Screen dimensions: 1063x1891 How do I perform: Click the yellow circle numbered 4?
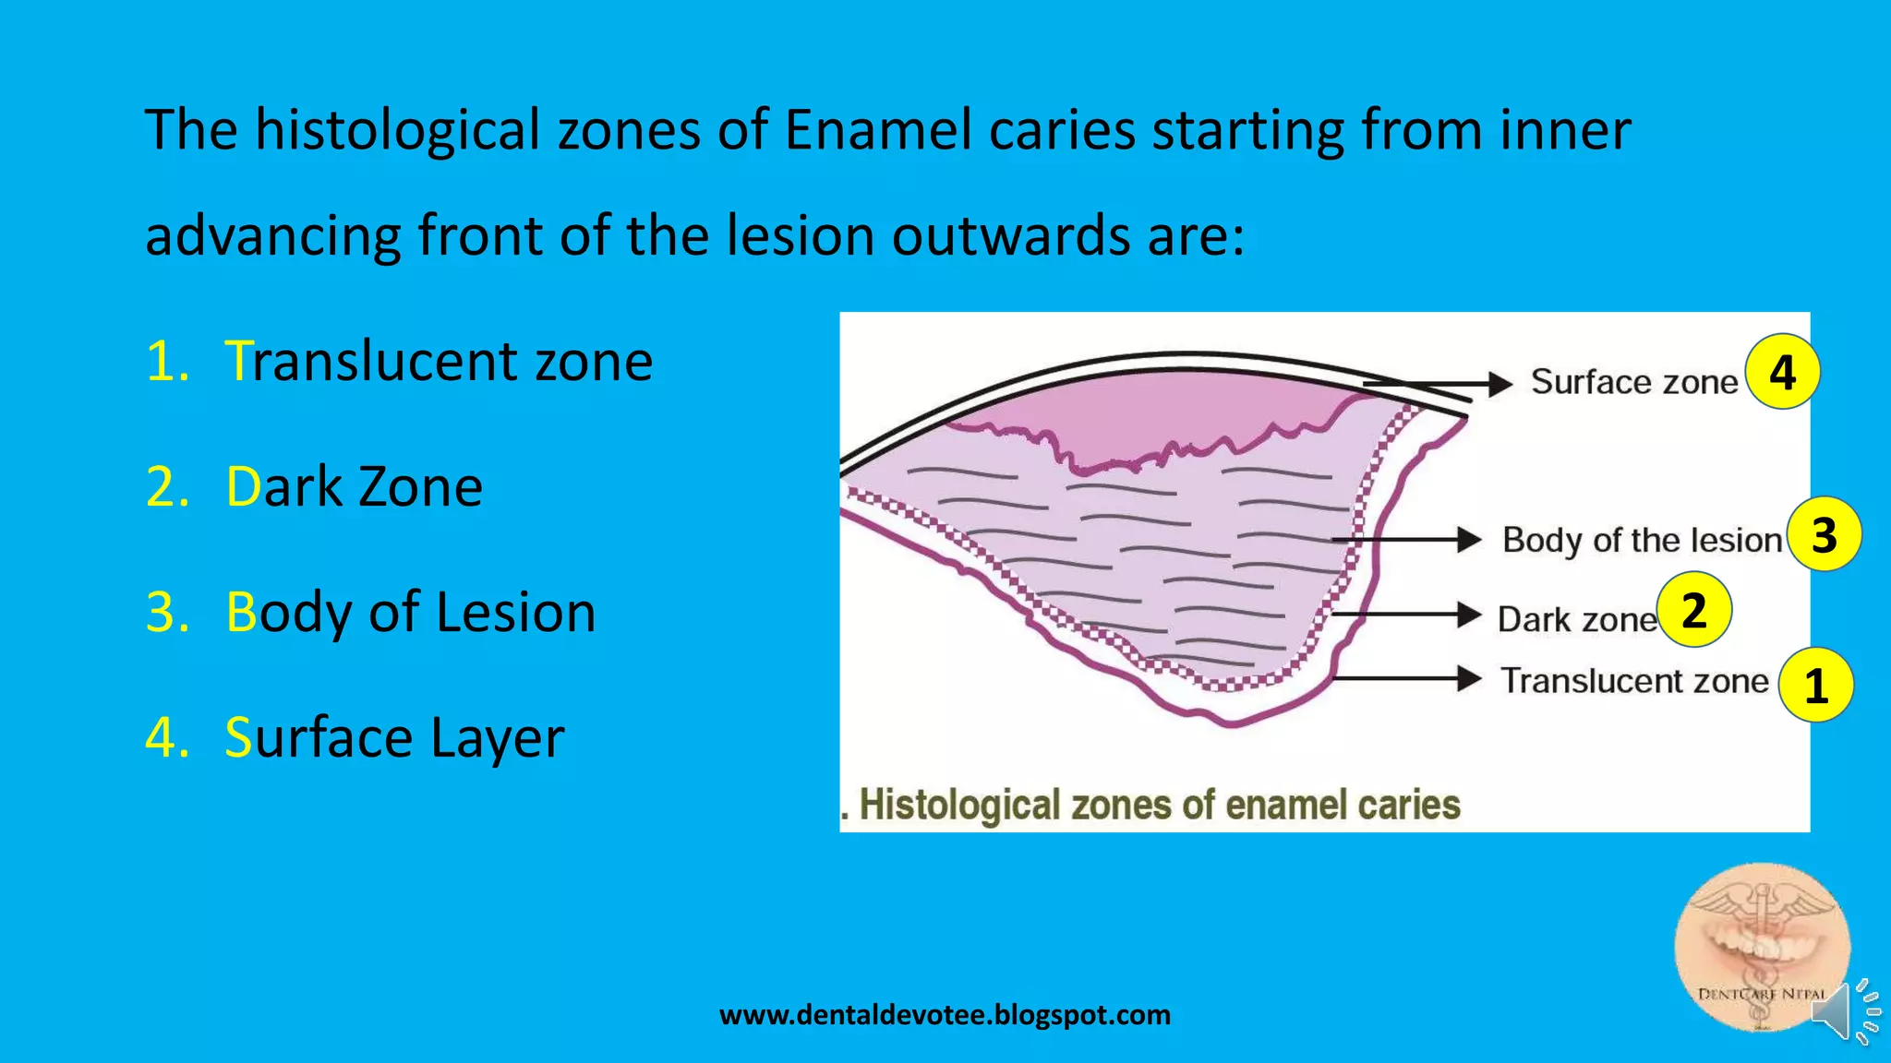1782,372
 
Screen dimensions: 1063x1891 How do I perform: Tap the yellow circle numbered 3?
1824,534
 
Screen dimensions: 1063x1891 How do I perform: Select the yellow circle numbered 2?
1693,610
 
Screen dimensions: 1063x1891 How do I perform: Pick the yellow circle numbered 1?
1815,685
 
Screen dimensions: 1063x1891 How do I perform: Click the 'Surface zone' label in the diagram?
1633,381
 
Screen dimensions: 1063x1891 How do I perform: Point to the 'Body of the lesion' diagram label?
1641,540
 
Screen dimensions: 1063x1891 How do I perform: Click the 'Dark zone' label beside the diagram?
1576,619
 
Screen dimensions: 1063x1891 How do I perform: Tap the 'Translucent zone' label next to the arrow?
1633,681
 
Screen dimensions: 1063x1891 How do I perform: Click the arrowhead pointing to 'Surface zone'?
1500,384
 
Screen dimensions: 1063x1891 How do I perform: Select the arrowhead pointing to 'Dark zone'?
1469,615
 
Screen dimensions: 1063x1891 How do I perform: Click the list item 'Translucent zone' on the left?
438,361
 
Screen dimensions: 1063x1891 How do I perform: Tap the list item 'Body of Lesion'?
410,612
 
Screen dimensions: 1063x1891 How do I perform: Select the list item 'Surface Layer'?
394,737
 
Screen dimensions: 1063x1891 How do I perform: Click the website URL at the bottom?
945,1015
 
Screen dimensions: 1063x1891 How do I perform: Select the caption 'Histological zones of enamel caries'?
1158,805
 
